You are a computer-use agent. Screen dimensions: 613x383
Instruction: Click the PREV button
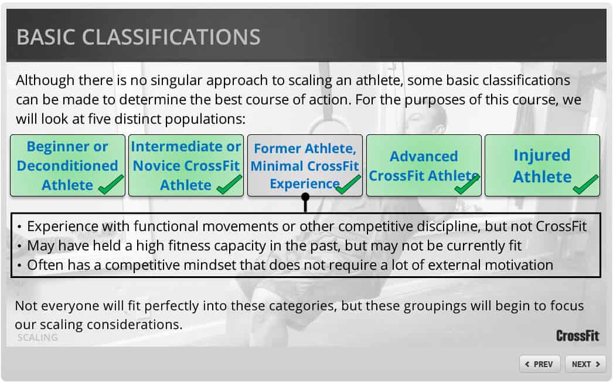(x=540, y=364)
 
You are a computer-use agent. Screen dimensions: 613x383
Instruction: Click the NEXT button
(x=585, y=364)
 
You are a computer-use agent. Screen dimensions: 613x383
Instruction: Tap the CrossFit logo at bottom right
(x=577, y=335)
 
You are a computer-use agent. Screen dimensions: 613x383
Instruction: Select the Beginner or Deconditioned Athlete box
(x=67, y=165)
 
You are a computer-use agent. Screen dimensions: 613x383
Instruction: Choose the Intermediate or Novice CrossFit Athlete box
(x=186, y=165)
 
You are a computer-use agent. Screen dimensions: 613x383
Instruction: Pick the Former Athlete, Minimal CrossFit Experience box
(x=305, y=165)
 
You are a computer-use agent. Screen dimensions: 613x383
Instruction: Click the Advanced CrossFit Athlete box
(x=424, y=165)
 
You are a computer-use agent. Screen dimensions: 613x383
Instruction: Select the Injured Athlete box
(x=542, y=165)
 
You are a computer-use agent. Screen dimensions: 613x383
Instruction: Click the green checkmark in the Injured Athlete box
(x=585, y=184)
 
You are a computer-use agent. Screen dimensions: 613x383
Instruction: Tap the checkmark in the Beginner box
(x=111, y=184)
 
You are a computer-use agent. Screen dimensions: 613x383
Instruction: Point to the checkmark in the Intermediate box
(x=229, y=184)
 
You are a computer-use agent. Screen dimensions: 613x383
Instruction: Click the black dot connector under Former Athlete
(x=305, y=197)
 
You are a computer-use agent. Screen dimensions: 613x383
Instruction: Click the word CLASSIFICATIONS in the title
(x=171, y=37)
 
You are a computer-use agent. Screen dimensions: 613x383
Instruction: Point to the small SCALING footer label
(x=38, y=337)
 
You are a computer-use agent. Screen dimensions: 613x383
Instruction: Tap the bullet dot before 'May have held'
(x=19, y=246)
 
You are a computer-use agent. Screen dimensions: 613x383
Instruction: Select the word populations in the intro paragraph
(x=205, y=119)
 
